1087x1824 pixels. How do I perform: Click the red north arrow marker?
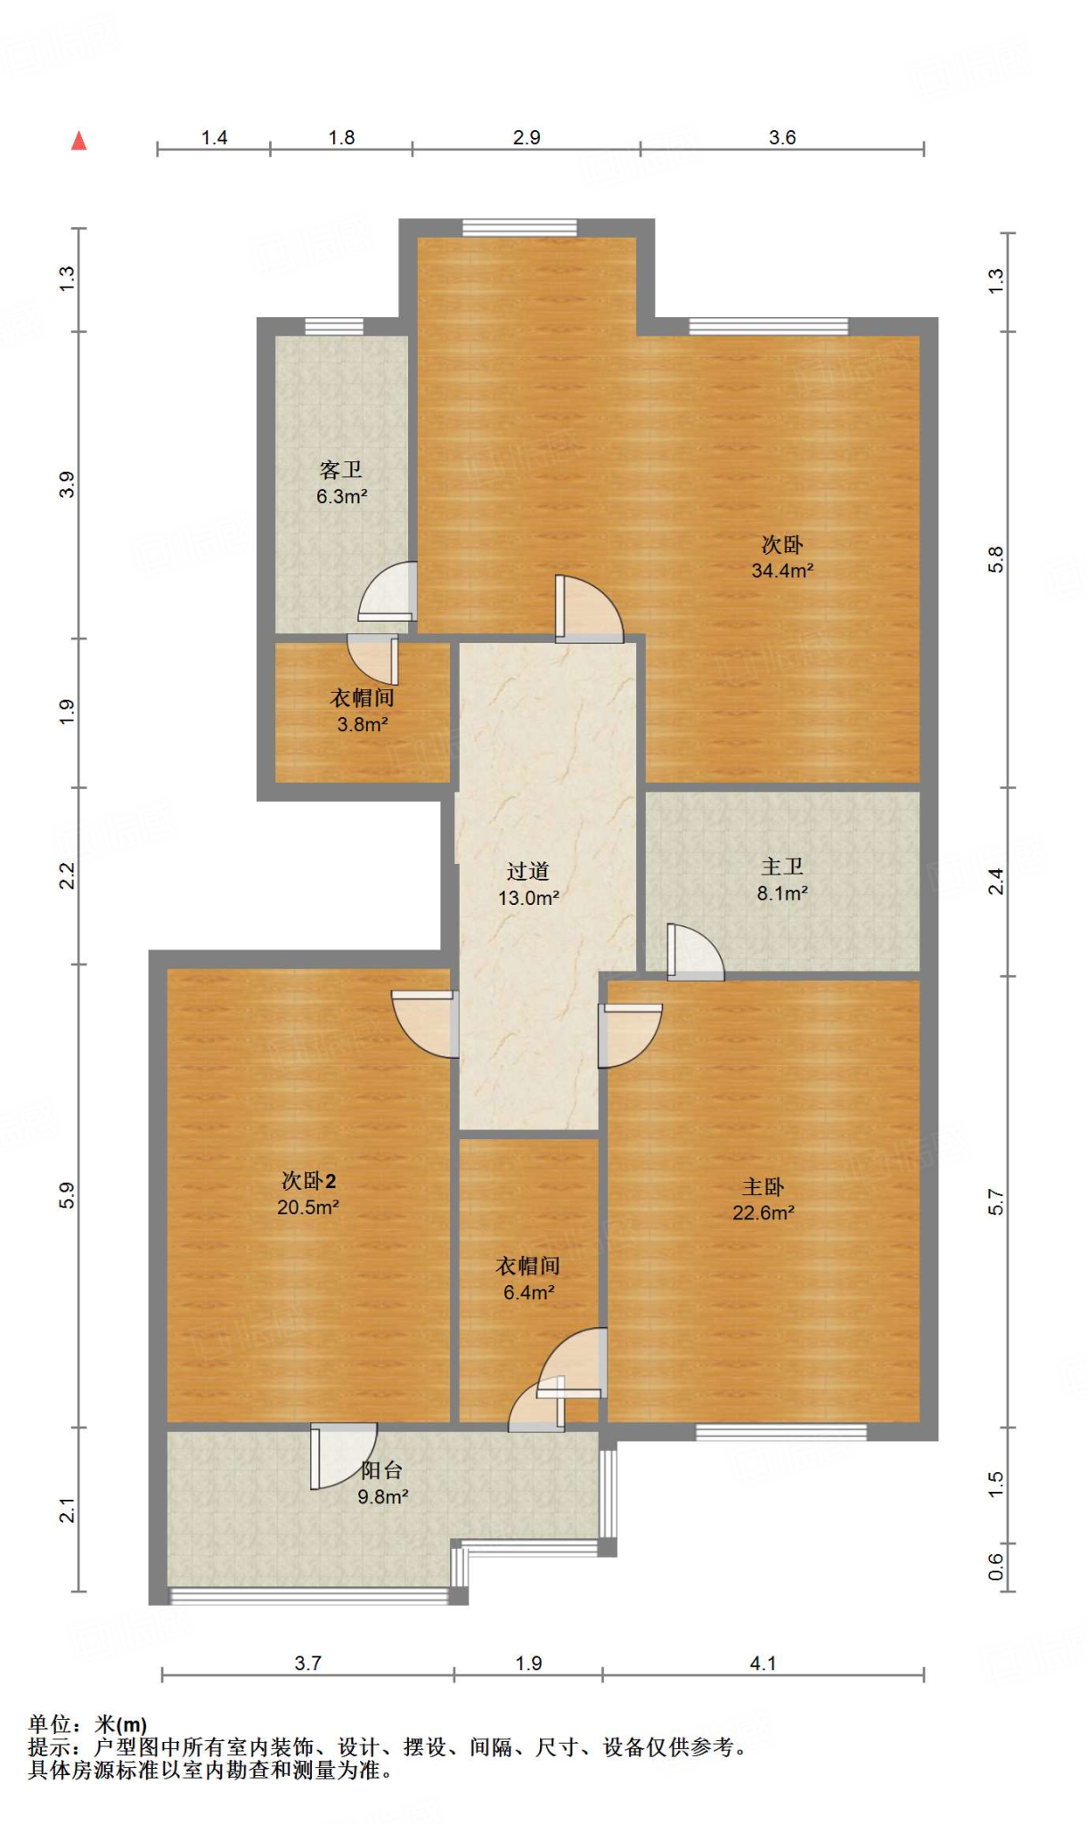[79, 141]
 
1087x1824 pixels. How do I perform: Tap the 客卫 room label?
[341, 469]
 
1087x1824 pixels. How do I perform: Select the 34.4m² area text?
[782, 571]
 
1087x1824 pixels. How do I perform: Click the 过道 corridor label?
[528, 871]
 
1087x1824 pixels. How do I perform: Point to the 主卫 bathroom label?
[782, 867]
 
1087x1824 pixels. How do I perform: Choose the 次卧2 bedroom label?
[308, 1181]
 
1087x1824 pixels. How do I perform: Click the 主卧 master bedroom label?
[764, 1187]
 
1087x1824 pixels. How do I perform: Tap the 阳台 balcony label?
[382, 1471]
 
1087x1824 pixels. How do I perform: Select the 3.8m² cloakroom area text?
[363, 725]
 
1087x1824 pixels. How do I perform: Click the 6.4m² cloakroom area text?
[529, 1292]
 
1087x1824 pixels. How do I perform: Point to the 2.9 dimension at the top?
[527, 137]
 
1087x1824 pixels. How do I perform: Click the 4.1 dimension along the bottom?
[764, 1663]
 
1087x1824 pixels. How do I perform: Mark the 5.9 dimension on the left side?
[68, 1195]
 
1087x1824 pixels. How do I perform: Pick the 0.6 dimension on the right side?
[995, 1567]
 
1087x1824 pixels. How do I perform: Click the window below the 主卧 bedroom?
[781, 1432]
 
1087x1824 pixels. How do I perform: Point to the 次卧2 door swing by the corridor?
[426, 1024]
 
